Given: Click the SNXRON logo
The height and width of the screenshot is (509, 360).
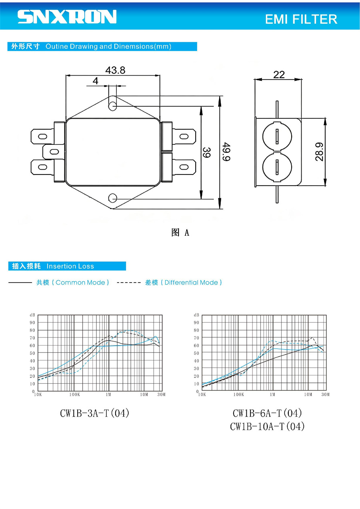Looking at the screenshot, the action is click(67, 16).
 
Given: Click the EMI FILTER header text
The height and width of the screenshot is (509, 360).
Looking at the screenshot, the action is click(301, 19).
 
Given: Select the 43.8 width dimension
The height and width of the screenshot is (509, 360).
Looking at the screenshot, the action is click(115, 70).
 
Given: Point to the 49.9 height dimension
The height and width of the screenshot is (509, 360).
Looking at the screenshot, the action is click(226, 152).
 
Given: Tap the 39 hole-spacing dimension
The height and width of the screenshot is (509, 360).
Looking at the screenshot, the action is click(206, 152).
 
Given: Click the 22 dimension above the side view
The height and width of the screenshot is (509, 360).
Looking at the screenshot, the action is click(279, 74).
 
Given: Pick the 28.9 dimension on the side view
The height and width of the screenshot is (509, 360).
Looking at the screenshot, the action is click(319, 152).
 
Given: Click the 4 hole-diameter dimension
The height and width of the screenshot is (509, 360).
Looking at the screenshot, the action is click(95, 81).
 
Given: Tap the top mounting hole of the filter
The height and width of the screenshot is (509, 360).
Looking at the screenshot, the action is click(112, 106).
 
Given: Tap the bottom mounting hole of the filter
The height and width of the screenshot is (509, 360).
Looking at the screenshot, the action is click(112, 198).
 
